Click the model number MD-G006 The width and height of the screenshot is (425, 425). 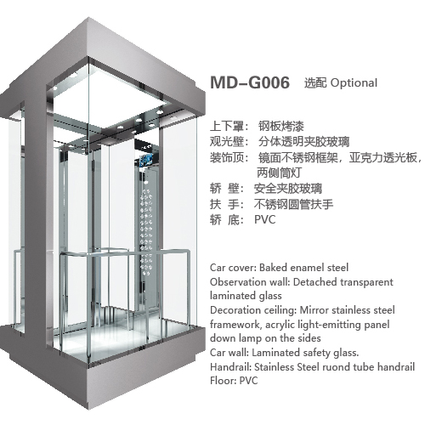pyautogui.click(x=250, y=82)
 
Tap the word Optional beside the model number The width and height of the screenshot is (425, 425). pyautogui.click(x=354, y=83)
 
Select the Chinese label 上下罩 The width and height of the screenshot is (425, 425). pyautogui.click(x=227, y=126)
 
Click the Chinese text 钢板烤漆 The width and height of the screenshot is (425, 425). pyautogui.click(x=280, y=126)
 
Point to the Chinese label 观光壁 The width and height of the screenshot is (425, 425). pyautogui.click(x=227, y=141)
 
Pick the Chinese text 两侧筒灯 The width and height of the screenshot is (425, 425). pyautogui.click(x=280, y=173)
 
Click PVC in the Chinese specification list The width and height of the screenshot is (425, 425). pyautogui.click(x=265, y=219)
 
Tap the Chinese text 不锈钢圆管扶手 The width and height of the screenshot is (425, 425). pyautogui.click(x=293, y=204)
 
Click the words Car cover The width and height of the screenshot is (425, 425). pyautogui.click(x=233, y=268)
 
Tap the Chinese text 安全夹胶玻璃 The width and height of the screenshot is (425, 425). pyautogui.click(x=288, y=189)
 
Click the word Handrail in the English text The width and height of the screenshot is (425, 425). pyautogui.click(x=230, y=366)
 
